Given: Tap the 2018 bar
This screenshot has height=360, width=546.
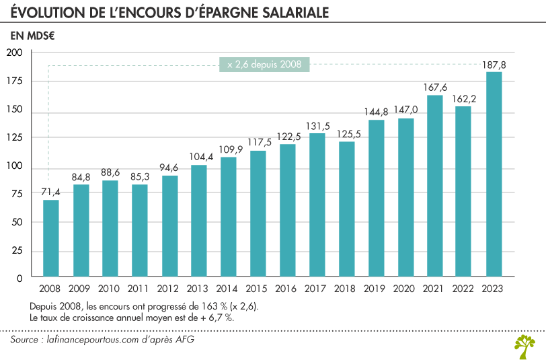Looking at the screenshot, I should [x=346, y=209].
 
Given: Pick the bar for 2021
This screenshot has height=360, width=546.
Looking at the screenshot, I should [x=434, y=185].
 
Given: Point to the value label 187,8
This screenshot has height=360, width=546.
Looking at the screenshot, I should [x=494, y=65].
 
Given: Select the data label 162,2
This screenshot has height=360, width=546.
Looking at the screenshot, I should [x=465, y=99].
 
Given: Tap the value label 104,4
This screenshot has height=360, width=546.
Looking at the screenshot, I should [x=198, y=157].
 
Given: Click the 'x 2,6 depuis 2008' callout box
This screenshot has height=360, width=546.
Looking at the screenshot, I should [x=264, y=65].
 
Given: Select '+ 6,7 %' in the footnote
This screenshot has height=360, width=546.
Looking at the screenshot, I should [x=217, y=318].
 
